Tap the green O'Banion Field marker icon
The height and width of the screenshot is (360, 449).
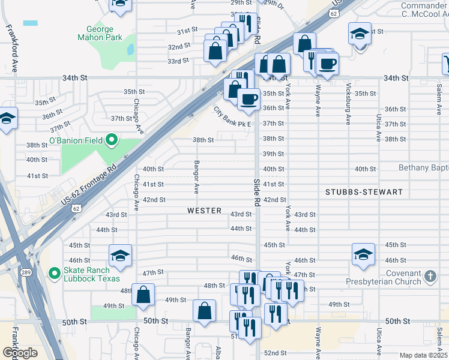click(x=111, y=140)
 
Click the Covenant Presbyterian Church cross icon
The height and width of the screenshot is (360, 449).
click(x=430, y=276)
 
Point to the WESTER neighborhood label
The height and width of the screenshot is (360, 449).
click(x=205, y=211)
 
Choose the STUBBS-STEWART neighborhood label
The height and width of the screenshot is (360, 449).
click(x=363, y=192)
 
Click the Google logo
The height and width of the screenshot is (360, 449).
click(x=20, y=353)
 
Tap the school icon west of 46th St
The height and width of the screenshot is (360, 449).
click(x=120, y=256)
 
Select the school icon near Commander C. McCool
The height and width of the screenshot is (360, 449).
click(x=360, y=33)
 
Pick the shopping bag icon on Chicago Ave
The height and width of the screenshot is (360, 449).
click(x=143, y=295)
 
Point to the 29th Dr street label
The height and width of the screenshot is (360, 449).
click(x=273, y=5)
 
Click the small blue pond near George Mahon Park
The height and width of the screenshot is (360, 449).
click(x=30, y=23)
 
